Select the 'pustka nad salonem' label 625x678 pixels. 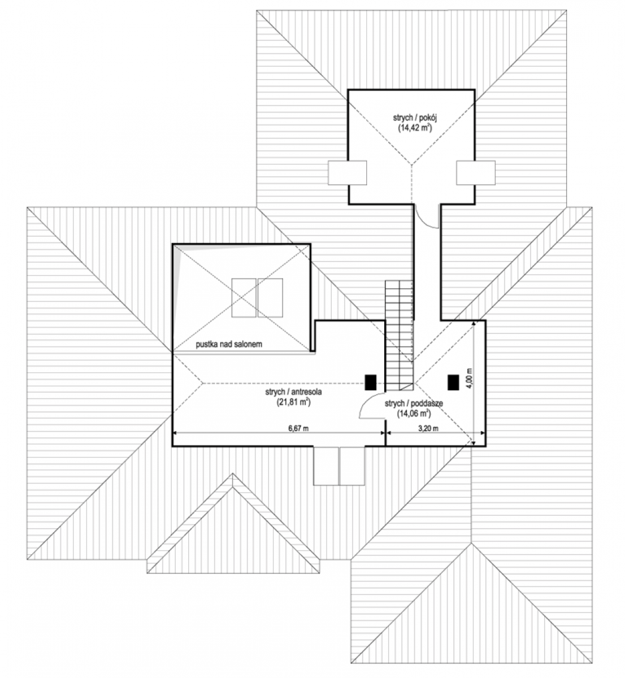(x=229, y=345)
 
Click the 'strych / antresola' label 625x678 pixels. (x=293, y=392)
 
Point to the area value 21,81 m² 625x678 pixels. (x=293, y=402)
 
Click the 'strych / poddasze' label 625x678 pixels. (x=414, y=403)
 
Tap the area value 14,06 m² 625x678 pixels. (x=414, y=413)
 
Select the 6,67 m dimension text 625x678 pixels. (x=298, y=428)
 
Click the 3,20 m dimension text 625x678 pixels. (x=428, y=428)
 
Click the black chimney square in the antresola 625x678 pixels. (x=370, y=383)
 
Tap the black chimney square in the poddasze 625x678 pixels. (x=453, y=383)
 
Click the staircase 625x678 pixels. (x=399, y=336)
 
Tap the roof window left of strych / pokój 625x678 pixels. (x=348, y=173)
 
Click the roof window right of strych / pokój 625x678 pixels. (x=476, y=173)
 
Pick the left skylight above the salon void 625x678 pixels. (x=244, y=298)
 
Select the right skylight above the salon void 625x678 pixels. (x=270, y=298)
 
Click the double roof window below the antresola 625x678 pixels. (x=339, y=466)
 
